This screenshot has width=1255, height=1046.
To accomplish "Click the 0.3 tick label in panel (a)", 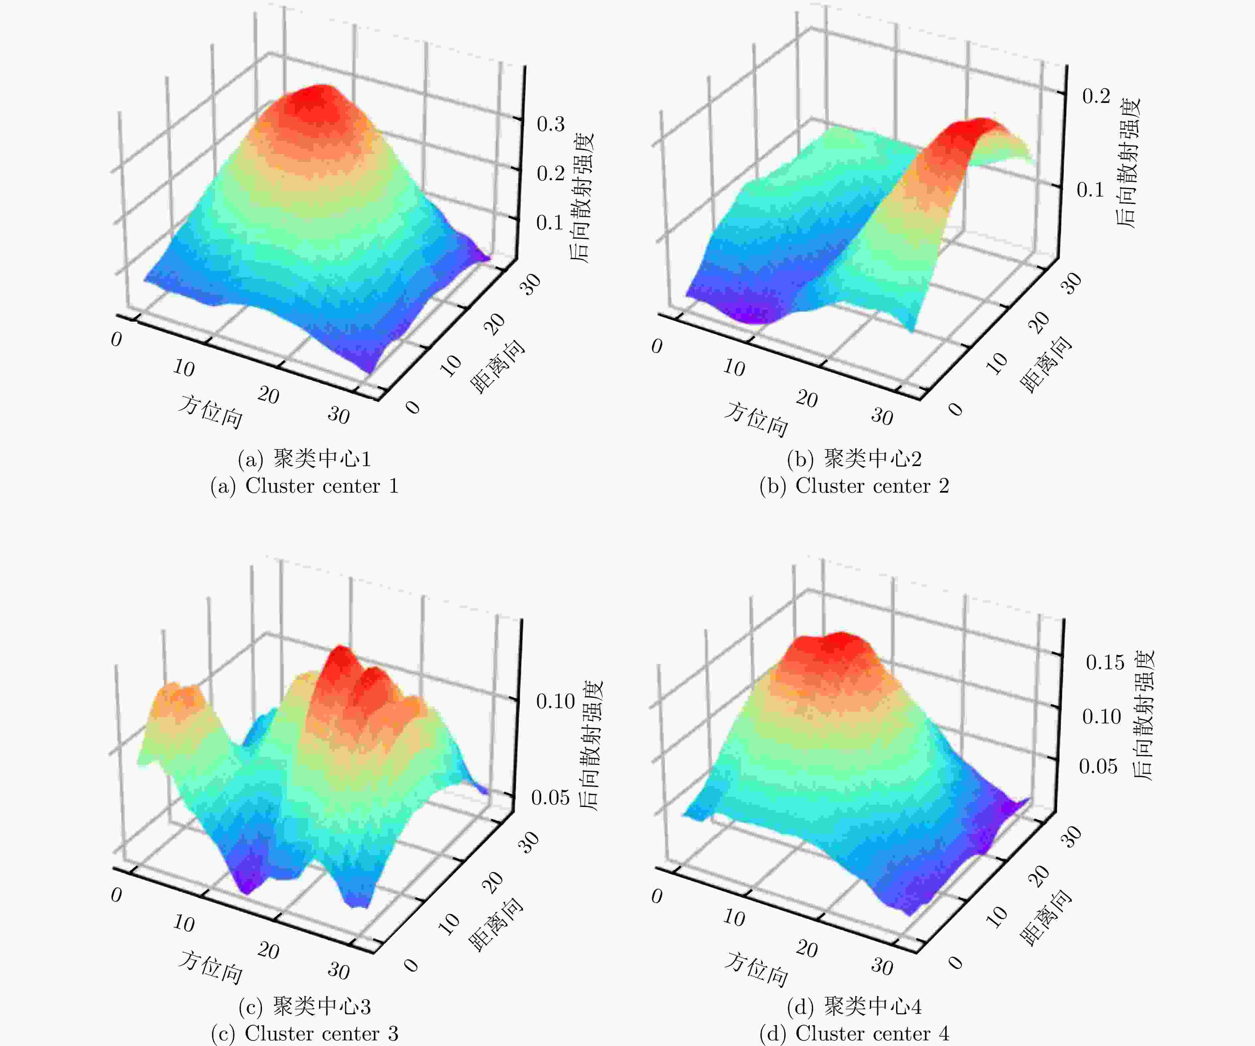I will (550, 124).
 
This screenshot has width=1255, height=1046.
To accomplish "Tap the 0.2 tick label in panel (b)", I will (1096, 96).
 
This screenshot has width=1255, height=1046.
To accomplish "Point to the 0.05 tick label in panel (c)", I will (550, 797).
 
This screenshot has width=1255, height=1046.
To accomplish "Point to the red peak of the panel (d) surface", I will (834, 648).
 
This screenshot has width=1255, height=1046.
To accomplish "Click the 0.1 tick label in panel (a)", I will (550, 223).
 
